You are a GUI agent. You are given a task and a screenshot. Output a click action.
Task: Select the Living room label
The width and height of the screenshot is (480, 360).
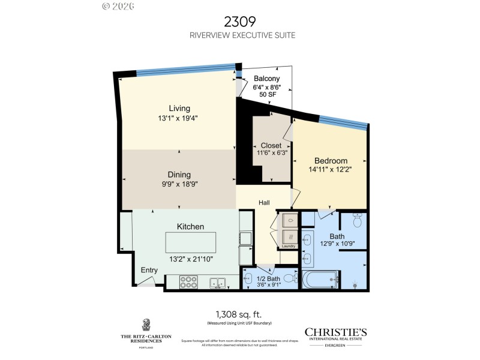tap(179, 108)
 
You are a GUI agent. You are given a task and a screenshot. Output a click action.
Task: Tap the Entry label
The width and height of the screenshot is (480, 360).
tap(149, 270)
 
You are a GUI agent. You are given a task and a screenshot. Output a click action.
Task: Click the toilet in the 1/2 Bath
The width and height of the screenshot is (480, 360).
tap(289, 278)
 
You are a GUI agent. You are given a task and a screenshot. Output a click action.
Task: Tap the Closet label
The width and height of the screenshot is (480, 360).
tap(271, 146)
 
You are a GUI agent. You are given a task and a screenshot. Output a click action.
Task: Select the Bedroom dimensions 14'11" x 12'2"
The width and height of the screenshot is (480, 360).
tap(331, 170)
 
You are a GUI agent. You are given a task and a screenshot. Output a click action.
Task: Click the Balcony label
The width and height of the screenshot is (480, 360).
tap(266, 79)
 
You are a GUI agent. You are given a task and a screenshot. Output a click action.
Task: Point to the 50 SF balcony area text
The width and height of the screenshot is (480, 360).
tap(266, 95)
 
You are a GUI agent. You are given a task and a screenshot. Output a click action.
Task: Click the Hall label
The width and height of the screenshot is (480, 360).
tap(264, 203)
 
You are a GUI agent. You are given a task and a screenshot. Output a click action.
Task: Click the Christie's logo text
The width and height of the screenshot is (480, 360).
tap(335, 332)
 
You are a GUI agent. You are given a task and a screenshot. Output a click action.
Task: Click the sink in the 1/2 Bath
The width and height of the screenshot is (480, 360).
tap(250, 278)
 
